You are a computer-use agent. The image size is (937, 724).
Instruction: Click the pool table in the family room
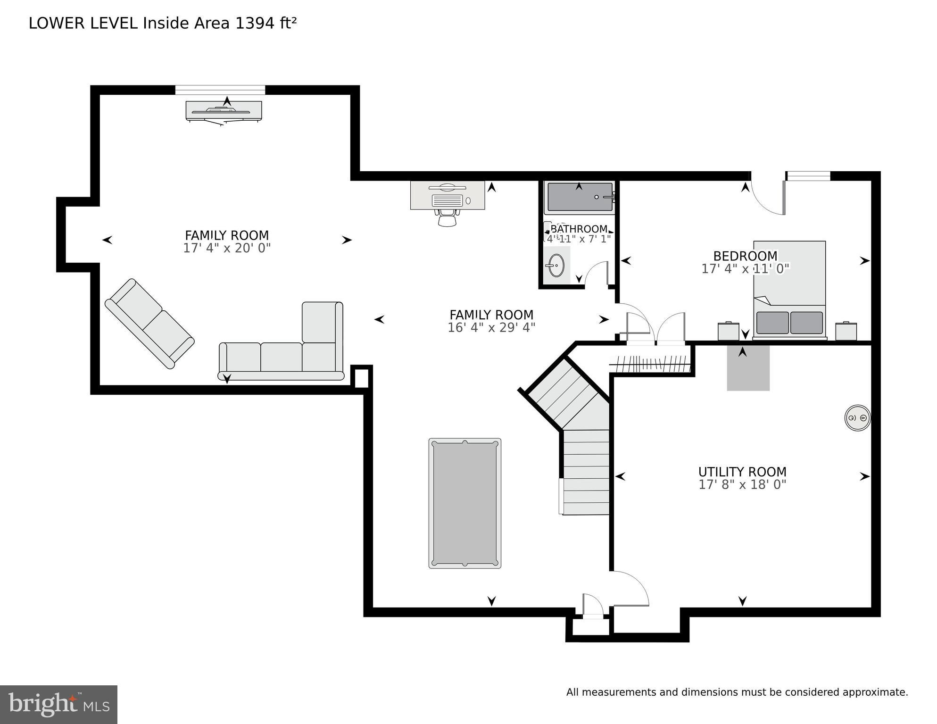pyautogui.click(x=464, y=503)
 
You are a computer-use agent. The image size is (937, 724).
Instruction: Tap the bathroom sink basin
pyautogui.click(x=556, y=266)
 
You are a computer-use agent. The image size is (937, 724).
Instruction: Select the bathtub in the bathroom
pyautogui.click(x=579, y=197)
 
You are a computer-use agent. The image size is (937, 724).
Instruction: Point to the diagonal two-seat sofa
pyautogui.click(x=149, y=324)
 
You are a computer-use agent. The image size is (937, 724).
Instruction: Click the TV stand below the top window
pyautogui.click(x=224, y=111)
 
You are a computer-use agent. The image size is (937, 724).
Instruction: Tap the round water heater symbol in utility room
pyautogui.click(x=857, y=418)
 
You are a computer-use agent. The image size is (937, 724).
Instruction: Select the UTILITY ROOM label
pyautogui.click(x=742, y=472)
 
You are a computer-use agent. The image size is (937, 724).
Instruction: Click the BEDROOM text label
pyautogui.click(x=745, y=256)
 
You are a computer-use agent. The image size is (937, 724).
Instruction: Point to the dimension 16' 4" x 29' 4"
pyautogui.click(x=491, y=328)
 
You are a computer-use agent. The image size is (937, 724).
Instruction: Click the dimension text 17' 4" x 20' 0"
pyautogui.click(x=226, y=248)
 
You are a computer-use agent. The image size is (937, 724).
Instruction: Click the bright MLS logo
pyautogui.click(x=58, y=705)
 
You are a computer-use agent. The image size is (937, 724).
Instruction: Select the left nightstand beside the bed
pyautogui.click(x=728, y=331)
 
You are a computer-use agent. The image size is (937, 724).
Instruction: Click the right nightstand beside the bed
pyautogui.click(x=846, y=331)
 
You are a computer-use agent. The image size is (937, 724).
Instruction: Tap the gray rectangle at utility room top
pyautogui.click(x=748, y=368)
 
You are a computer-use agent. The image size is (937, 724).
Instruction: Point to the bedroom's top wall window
pyautogui.click(x=808, y=176)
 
